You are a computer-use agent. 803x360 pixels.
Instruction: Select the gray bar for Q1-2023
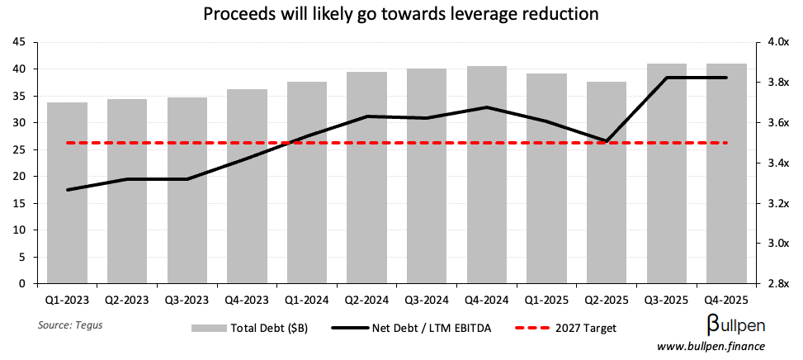pyautogui.click(x=68, y=193)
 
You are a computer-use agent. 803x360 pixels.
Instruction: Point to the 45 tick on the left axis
pyautogui.click(x=21, y=42)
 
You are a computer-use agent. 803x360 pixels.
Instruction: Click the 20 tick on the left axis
pyautogui.click(x=21, y=177)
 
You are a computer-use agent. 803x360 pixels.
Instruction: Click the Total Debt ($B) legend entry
pyautogui.click(x=249, y=328)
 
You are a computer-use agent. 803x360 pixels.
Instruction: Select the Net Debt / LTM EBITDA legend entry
pyautogui.click(x=413, y=328)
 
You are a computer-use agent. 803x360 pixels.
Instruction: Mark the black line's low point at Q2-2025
pyautogui.click(x=607, y=141)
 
